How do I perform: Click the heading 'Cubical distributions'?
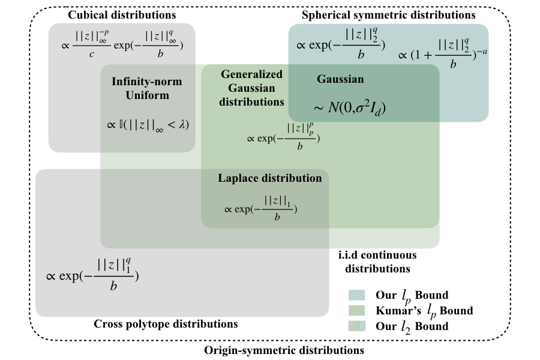click(122, 14)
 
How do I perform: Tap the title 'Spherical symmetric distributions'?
click(388, 14)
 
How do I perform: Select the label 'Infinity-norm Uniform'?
click(147, 88)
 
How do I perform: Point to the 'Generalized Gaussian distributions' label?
click(251, 88)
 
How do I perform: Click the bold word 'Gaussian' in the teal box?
click(340, 79)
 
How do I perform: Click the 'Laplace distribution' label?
click(270, 178)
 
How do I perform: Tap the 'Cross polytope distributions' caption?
click(166, 324)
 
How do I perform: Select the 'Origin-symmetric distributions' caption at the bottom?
click(284, 349)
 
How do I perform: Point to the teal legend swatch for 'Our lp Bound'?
click(356, 295)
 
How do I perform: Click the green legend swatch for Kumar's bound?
click(356, 310)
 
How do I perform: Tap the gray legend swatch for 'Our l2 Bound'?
click(356, 326)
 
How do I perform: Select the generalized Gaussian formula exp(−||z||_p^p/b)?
click(283, 135)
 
